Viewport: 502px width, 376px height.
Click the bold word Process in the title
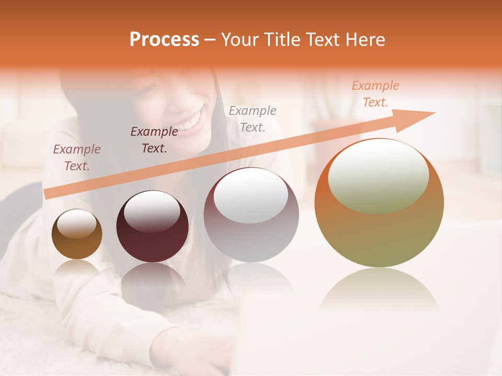pos(164,40)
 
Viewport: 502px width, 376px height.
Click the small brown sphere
pos(77,234)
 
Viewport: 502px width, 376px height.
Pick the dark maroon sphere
pos(152,227)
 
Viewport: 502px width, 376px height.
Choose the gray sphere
pos(251,216)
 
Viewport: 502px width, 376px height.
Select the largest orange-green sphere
pos(379,203)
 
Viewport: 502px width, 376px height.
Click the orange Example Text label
pos(375,94)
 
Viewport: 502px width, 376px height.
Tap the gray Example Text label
pos(253,119)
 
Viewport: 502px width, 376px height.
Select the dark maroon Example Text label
pos(154,139)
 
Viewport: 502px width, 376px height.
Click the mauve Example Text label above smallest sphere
pos(77,157)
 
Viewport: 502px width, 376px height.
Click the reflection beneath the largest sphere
pos(379,290)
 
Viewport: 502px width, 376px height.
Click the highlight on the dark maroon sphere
pos(152,211)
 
